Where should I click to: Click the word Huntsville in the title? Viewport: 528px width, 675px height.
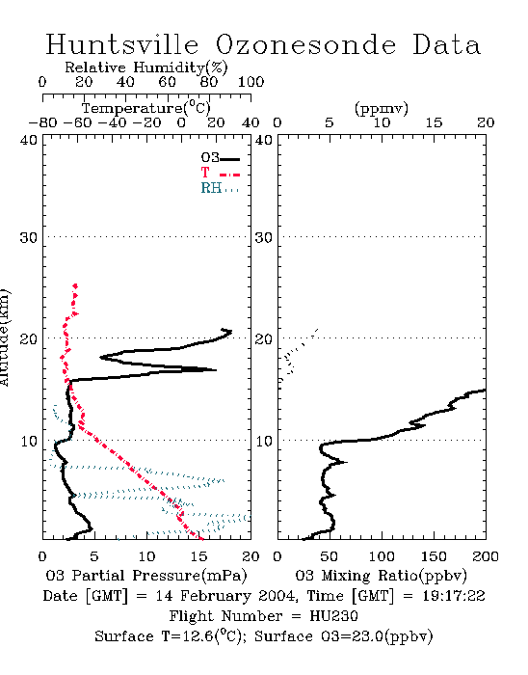[x=122, y=44]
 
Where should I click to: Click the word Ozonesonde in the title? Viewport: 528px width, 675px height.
[x=305, y=44]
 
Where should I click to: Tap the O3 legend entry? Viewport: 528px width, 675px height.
[x=220, y=158]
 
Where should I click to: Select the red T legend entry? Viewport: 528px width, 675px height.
[x=220, y=173]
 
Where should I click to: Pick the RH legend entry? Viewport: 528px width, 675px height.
[x=220, y=188]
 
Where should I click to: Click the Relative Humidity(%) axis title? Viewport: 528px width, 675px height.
[x=146, y=67]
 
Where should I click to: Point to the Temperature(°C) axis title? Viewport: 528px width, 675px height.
[x=146, y=108]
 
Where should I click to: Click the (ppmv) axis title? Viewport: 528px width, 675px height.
[x=382, y=108]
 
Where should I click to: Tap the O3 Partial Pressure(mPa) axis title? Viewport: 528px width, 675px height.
[x=146, y=576]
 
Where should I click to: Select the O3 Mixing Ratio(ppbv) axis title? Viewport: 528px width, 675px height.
[x=381, y=576]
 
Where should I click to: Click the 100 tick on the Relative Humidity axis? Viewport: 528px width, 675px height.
[x=251, y=82]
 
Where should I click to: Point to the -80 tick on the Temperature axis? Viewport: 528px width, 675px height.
[x=42, y=122]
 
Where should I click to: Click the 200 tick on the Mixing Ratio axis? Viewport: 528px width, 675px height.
[x=486, y=556]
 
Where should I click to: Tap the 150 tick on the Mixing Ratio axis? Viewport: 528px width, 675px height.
[x=434, y=556]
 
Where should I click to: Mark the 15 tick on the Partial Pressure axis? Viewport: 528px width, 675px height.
[x=198, y=556]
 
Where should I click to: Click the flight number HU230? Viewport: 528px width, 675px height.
[x=333, y=616]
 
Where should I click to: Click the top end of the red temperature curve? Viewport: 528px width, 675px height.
[x=75, y=285]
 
